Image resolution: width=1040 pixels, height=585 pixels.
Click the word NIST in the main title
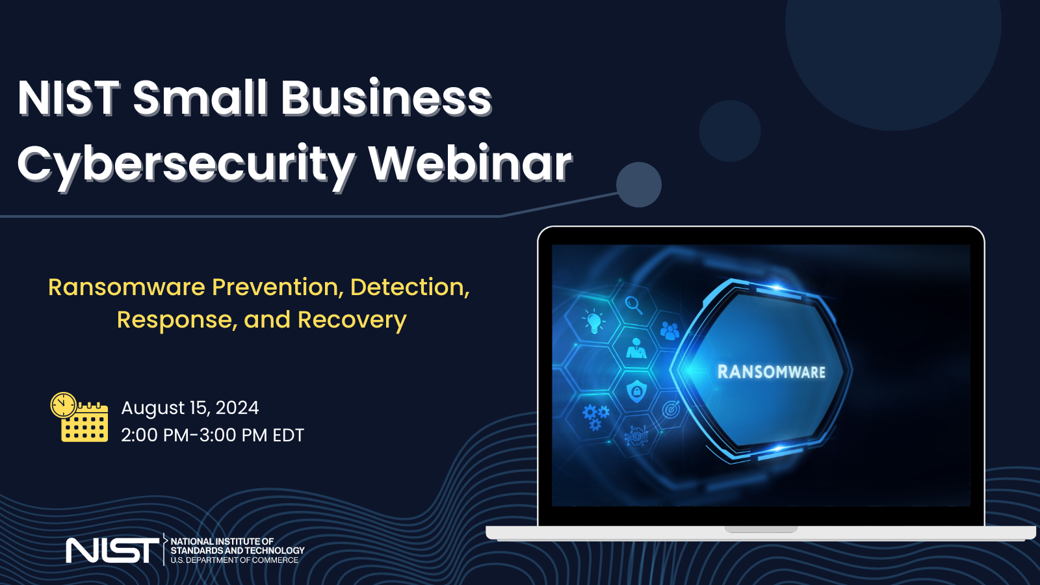[x=69, y=98]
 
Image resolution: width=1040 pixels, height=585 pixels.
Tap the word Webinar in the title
[x=470, y=163]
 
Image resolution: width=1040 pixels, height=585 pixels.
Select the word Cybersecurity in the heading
[x=186, y=164]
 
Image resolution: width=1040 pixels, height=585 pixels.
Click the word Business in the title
[x=386, y=98]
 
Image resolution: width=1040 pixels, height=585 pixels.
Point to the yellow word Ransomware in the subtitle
[x=127, y=287]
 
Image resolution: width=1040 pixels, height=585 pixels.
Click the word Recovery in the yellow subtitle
[x=352, y=320]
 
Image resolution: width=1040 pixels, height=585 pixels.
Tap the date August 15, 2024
[x=190, y=408]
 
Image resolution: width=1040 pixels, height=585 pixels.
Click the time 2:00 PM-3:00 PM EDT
[x=213, y=435]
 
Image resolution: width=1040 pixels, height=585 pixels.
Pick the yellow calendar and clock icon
[x=80, y=417]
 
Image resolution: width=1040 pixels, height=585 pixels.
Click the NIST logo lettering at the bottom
[x=112, y=551]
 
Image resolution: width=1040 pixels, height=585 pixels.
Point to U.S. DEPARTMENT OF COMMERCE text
[x=234, y=560]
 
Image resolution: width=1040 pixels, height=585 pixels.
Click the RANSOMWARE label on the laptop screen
[x=771, y=372]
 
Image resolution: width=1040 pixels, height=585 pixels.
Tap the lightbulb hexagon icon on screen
[x=593, y=321]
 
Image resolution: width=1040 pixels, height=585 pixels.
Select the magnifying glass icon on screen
[x=633, y=304]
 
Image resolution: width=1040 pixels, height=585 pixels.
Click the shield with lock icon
[x=636, y=391]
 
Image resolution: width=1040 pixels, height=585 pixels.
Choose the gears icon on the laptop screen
[x=595, y=416]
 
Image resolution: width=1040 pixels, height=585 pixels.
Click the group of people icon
[x=669, y=331]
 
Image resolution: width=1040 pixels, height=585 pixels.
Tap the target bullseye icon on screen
[x=671, y=409]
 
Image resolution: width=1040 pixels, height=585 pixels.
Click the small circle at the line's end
[x=638, y=185]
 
